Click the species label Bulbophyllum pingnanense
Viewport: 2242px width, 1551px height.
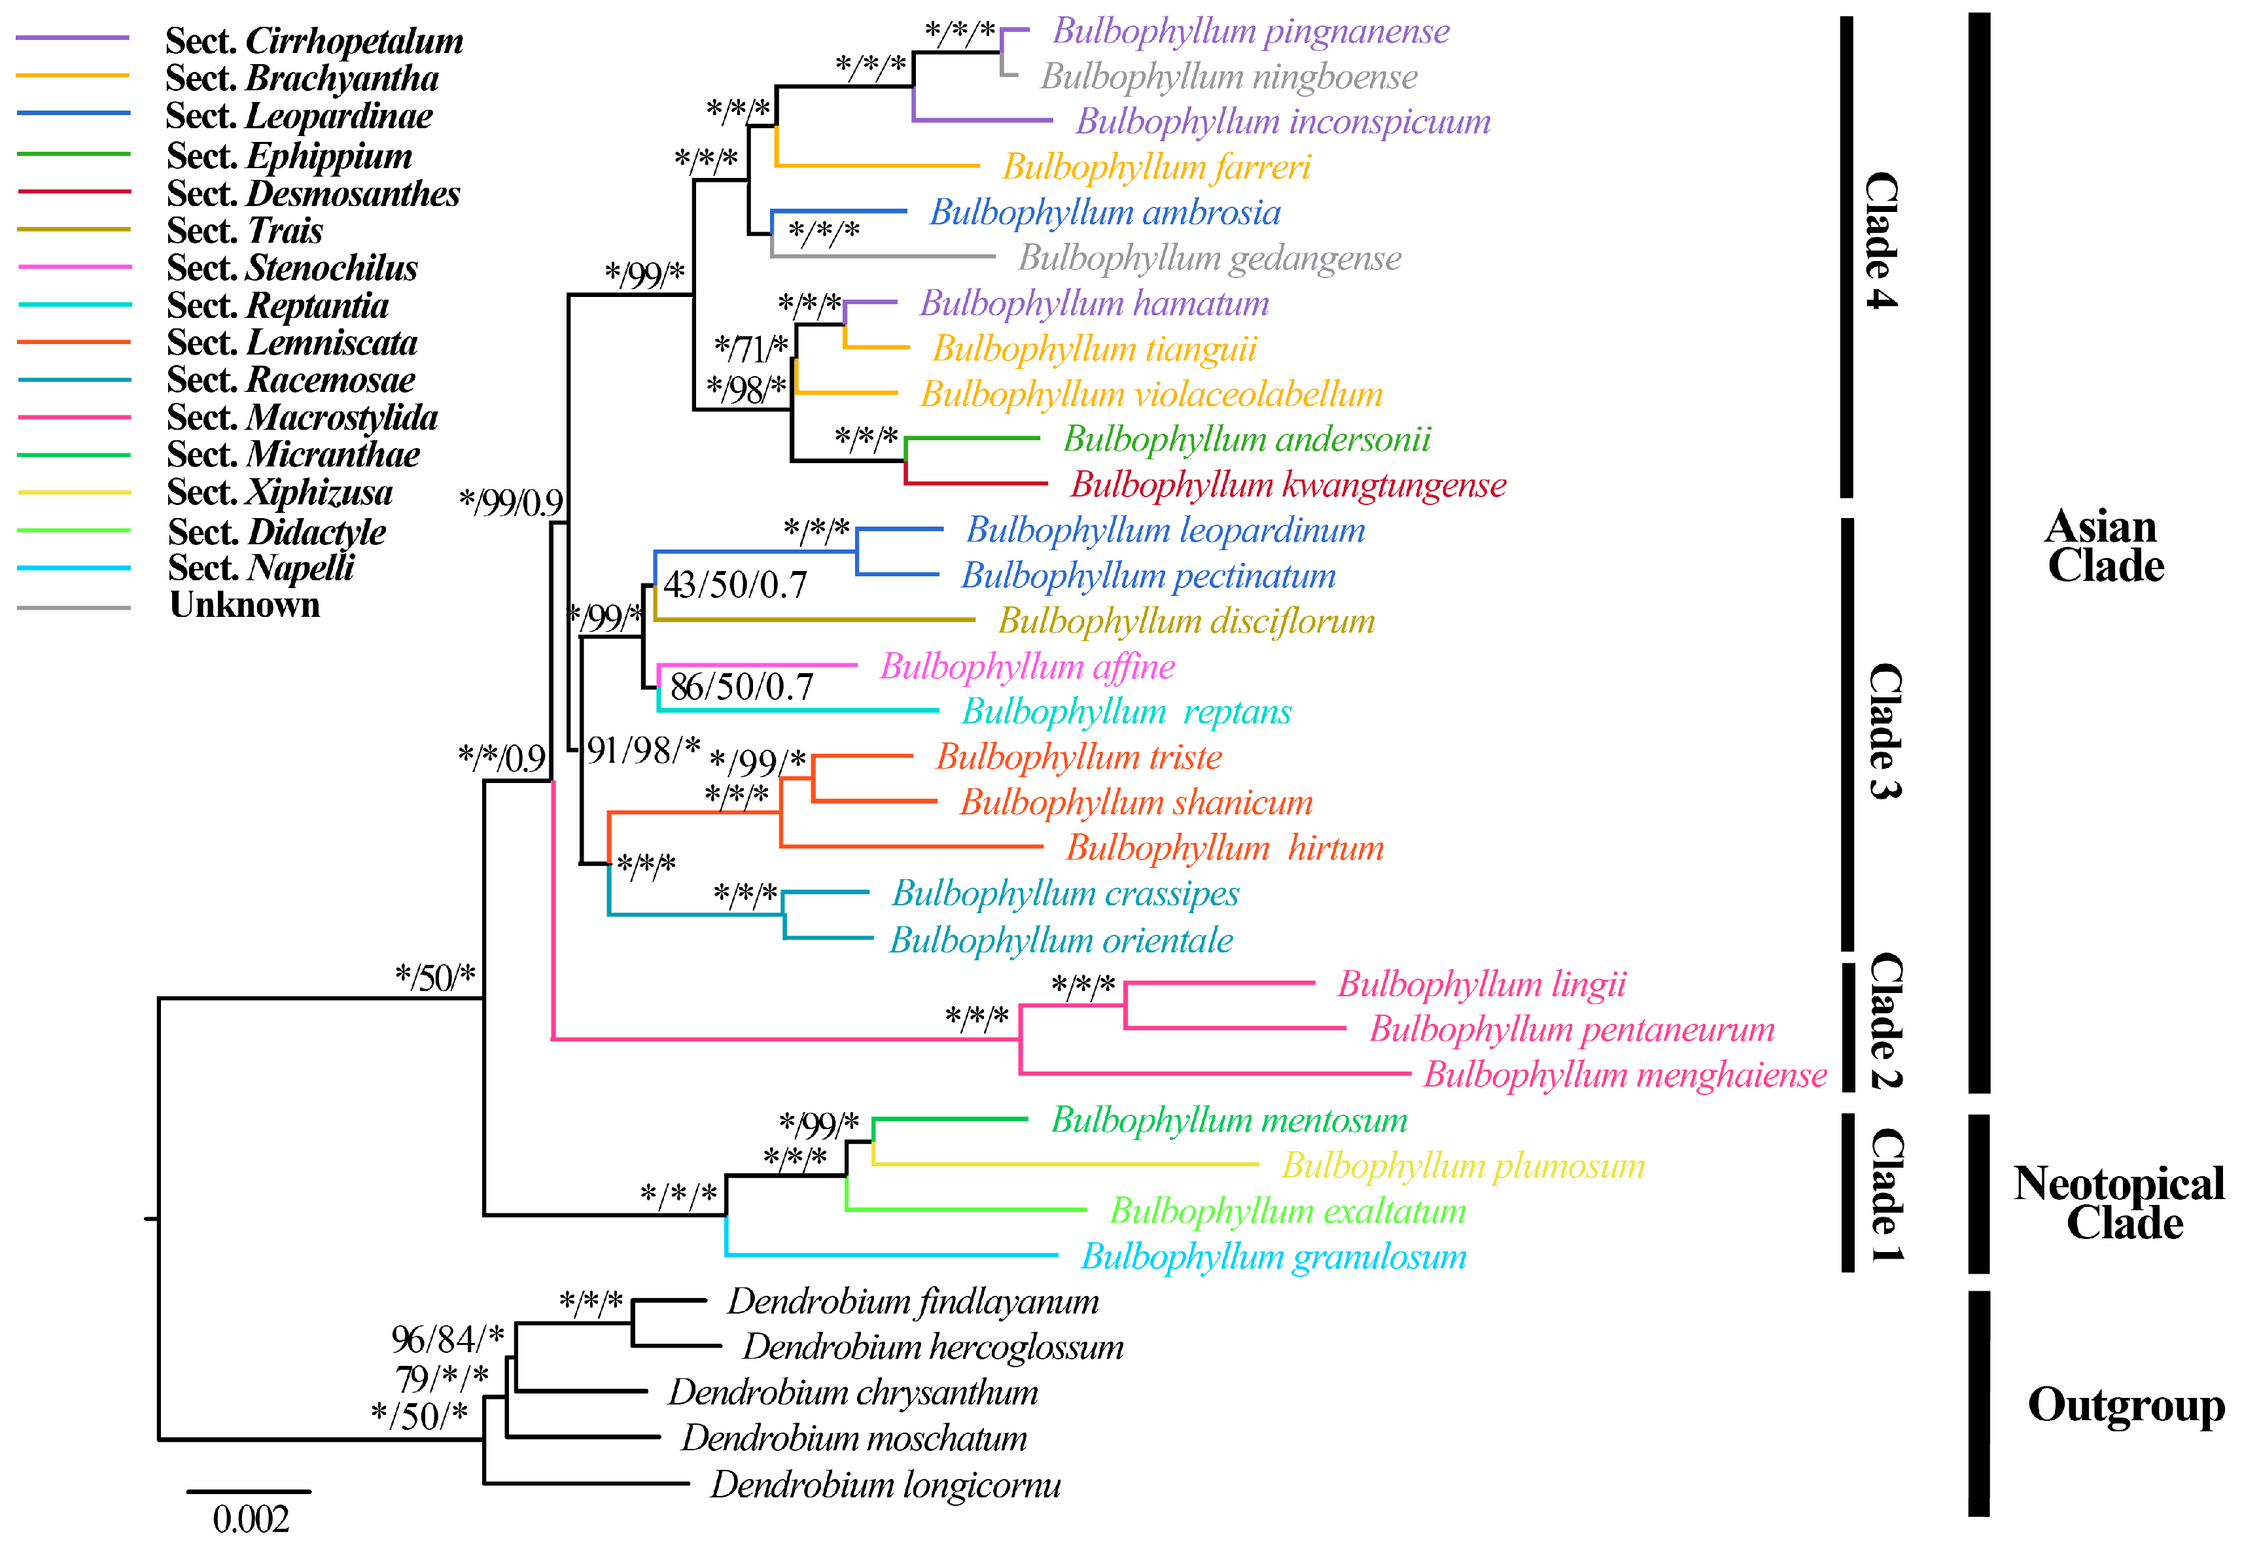pos(1251,32)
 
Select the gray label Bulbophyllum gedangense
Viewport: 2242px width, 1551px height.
pos(1209,258)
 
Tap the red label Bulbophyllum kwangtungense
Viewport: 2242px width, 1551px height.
pos(1287,485)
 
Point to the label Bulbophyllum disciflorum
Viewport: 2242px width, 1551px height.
pos(1187,621)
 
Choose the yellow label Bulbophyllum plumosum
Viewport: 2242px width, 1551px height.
pos(1463,1166)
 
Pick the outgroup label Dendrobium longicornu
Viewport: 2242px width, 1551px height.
pos(885,1485)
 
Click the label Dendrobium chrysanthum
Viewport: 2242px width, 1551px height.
pos(852,1393)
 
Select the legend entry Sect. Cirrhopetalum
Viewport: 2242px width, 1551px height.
pos(314,41)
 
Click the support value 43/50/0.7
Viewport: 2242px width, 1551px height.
pos(735,584)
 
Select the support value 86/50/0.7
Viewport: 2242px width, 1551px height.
pos(741,687)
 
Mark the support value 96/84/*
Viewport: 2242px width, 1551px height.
pos(447,1339)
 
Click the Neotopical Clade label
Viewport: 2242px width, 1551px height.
pos(2118,1203)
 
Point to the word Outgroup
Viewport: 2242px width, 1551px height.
pos(2126,1405)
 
